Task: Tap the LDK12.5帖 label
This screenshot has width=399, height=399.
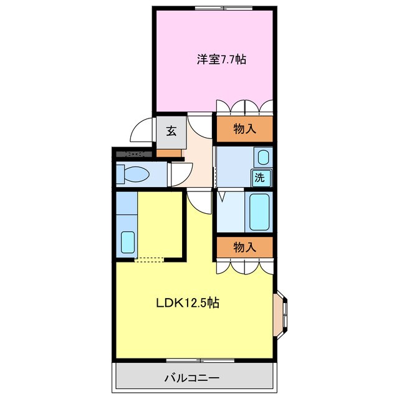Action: [x=186, y=304]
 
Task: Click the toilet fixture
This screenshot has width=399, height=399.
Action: [x=133, y=173]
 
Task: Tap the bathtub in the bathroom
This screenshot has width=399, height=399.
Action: [x=259, y=212]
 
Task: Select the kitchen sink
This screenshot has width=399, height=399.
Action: [x=128, y=241]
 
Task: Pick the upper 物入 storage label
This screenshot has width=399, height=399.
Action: [x=244, y=129]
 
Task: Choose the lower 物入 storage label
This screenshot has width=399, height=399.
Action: [x=244, y=247]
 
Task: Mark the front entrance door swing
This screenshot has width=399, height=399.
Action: [x=141, y=132]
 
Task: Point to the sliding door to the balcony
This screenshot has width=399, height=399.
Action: [x=199, y=360]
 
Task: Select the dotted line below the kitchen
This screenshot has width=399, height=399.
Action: [x=150, y=259]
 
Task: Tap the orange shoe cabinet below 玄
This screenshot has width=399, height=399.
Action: [x=168, y=153]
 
